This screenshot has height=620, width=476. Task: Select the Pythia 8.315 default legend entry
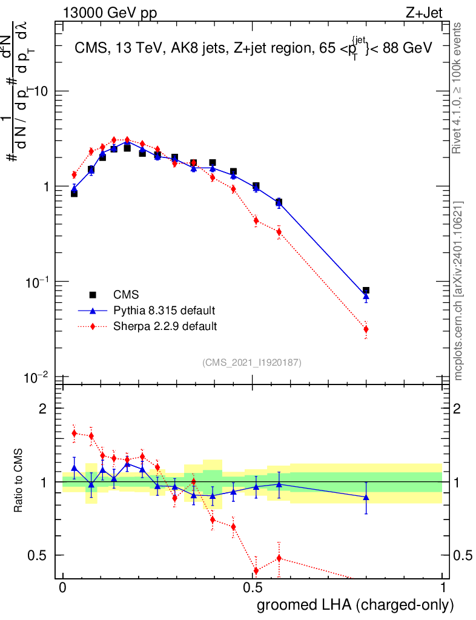pos(164,311)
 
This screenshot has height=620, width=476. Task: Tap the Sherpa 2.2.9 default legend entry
pos(165,326)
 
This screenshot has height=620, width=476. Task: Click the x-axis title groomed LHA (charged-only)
pos(355,605)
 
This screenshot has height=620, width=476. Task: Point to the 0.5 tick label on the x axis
pos(253,588)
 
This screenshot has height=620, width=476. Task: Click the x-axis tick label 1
pos(443,588)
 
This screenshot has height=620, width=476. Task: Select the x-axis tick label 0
pos(62,588)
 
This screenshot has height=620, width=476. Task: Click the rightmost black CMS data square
pos(366,291)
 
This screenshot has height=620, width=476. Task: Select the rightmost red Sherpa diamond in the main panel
pos(366,329)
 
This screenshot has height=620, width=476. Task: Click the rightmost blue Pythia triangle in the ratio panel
pos(366,497)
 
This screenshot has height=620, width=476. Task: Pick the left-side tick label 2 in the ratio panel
pos(42,409)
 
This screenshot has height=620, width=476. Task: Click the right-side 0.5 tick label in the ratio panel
pos(464,555)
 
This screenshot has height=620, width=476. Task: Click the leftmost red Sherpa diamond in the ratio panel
pos(74,433)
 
